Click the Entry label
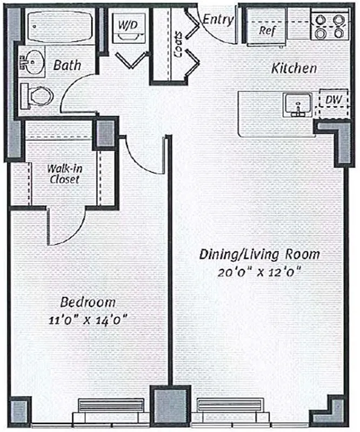tap(218, 20)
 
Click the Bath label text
tap(68, 65)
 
